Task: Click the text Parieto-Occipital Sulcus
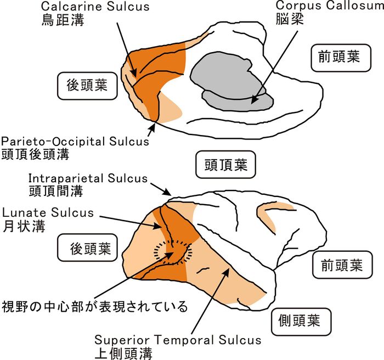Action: coord(75,141)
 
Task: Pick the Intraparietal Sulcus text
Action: coord(88,178)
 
